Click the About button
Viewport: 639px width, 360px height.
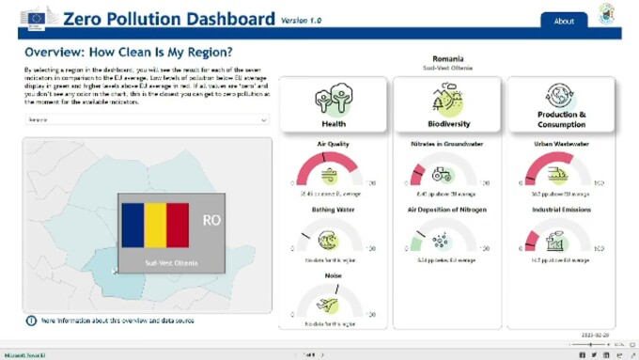tap(564, 21)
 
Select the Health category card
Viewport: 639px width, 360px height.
tap(334, 104)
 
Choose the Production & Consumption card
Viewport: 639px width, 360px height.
tap(561, 104)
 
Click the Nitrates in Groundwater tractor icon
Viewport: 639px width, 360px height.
tap(442, 175)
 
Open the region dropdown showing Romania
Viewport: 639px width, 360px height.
tap(147, 120)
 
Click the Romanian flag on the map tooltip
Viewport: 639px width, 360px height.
tap(155, 225)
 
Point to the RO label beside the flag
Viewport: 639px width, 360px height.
tap(211, 221)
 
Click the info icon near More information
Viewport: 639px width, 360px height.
tap(31, 321)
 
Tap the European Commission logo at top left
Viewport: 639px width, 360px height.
tap(38, 17)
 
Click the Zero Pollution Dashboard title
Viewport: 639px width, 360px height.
tap(169, 19)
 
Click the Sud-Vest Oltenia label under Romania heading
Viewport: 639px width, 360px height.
tap(447, 68)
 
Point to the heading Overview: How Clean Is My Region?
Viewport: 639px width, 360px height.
tap(129, 52)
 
